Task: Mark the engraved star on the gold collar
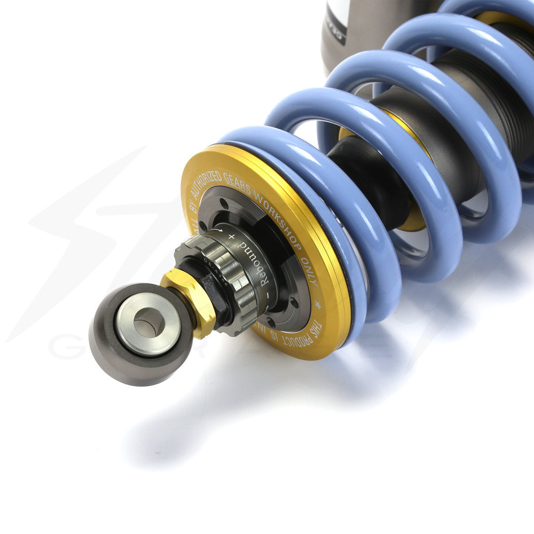pyautogui.click(x=319, y=305)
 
